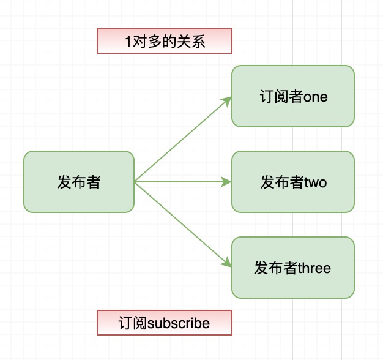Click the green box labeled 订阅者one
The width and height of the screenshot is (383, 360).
(292, 96)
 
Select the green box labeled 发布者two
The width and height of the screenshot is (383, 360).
(292, 182)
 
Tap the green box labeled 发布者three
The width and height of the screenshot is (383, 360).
(292, 268)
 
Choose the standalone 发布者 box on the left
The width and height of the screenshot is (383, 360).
(78, 182)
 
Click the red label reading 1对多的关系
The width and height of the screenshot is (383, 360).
(165, 41)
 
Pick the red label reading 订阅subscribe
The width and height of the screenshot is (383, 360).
(165, 323)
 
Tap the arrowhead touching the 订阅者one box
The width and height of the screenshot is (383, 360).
(228, 100)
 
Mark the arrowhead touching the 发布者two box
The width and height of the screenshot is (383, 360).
(227, 182)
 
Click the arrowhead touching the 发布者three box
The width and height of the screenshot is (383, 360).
(228, 264)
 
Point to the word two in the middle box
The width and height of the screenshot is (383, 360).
(316, 182)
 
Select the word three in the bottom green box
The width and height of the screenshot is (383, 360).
(314, 268)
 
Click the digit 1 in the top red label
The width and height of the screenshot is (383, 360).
(128, 42)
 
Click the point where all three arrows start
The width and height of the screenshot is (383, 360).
(135, 182)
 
